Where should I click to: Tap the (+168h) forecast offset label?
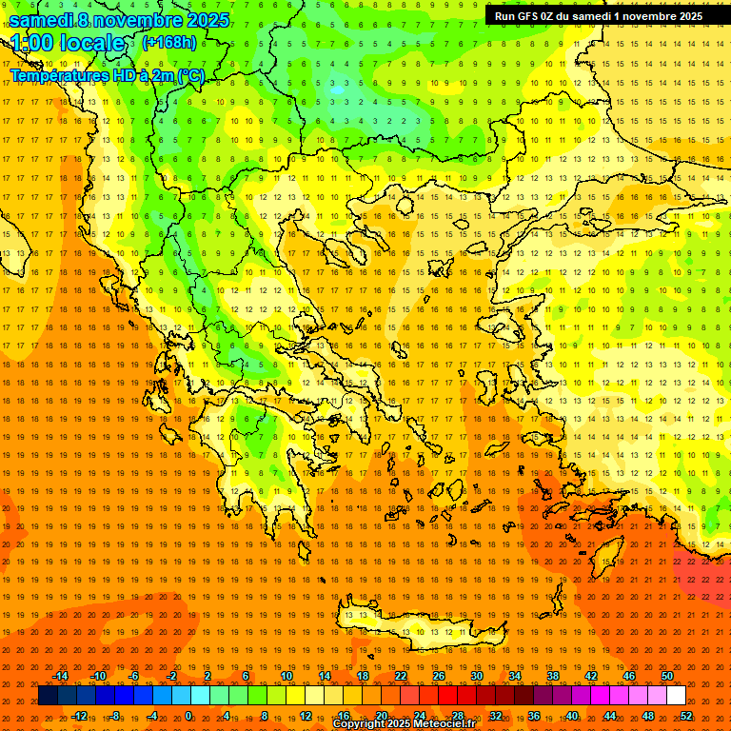pyautogui.click(x=169, y=42)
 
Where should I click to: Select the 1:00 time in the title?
pyautogui.click(x=32, y=43)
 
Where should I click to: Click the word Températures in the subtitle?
pyautogui.click(x=55, y=75)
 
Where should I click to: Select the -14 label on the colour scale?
pyautogui.click(x=60, y=676)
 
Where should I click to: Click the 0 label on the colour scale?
pyautogui.click(x=188, y=716)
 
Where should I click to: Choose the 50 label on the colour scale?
pyautogui.click(x=667, y=676)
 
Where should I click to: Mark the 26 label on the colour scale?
pyautogui.click(x=439, y=676)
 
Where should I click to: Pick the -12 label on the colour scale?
pyautogui.click(x=79, y=716)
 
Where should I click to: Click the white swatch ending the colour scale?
pyautogui.click(x=677, y=696)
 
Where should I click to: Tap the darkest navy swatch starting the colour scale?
pyautogui.click(x=48, y=696)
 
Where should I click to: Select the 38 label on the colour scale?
pyautogui.click(x=553, y=676)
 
